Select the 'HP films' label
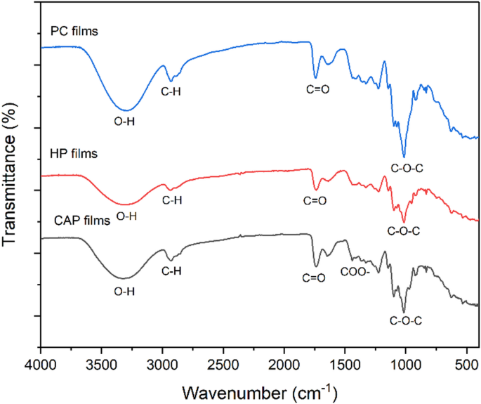tap(74, 152)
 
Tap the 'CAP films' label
tap(81, 221)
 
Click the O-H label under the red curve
tap(126, 216)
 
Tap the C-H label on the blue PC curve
tap(171, 91)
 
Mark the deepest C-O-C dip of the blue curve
tap(404, 157)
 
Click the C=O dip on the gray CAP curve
tap(316, 266)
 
